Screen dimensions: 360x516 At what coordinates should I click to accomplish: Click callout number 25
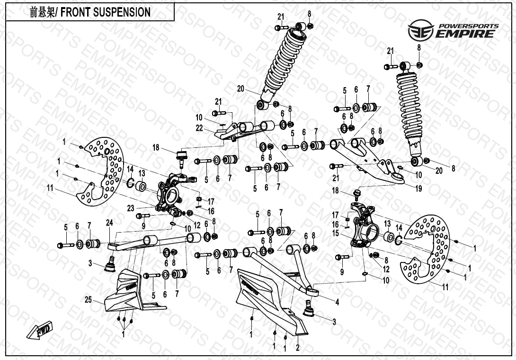(88, 300)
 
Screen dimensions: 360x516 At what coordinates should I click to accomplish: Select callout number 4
(337, 301)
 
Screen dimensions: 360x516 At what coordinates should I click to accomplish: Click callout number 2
(297, 348)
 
